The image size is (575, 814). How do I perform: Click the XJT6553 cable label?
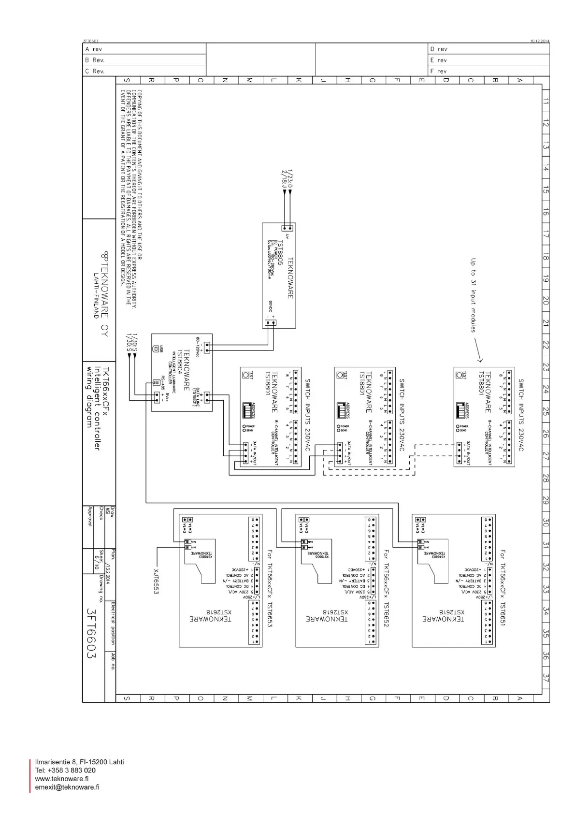pos(156,580)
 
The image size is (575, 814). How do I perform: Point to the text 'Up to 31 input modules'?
pos(473,295)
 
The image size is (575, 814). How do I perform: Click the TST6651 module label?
pos(503,614)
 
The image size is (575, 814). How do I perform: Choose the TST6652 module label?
pos(386,614)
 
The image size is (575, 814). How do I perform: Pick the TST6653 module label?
pos(270,614)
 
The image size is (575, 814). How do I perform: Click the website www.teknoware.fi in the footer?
pos(61,779)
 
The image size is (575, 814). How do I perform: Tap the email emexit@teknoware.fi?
pos(67,787)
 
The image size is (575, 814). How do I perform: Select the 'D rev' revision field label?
pos(438,49)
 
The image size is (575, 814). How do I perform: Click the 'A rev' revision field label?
pos(94,49)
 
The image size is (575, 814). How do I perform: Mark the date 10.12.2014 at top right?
pos(539,41)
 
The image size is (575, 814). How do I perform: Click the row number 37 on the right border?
pos(546,678)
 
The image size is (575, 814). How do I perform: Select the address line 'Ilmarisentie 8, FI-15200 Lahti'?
pos(79,762)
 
